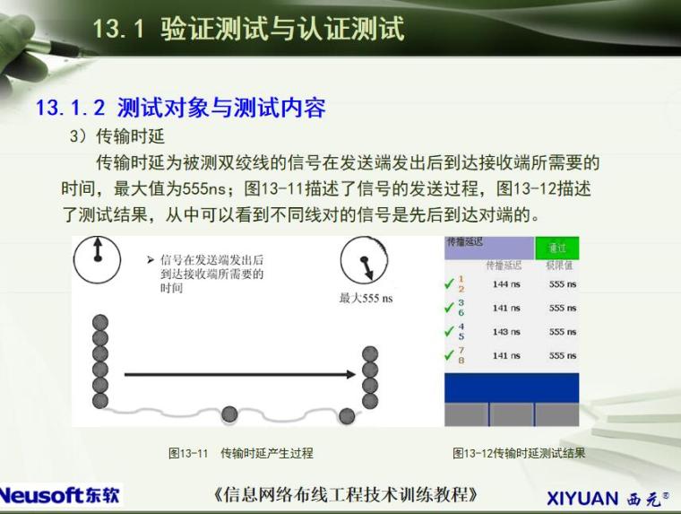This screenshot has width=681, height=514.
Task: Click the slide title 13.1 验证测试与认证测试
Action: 248,29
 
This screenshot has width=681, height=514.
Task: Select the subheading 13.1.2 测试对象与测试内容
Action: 180,109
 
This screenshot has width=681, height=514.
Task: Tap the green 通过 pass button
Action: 556,248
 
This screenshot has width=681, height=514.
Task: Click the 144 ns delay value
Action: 506,284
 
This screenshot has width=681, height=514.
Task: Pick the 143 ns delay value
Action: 506,332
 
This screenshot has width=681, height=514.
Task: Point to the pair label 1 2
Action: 461,284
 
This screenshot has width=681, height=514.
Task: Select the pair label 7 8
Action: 461,355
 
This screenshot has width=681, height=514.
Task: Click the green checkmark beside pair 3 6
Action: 450,309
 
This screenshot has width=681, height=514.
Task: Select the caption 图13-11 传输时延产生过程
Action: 240,453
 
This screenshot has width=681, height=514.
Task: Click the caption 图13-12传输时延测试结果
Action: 519,453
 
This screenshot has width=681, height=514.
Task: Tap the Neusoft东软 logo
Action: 60,494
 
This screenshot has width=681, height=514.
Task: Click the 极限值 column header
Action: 559,266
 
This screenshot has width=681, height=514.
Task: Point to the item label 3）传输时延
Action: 117,136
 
